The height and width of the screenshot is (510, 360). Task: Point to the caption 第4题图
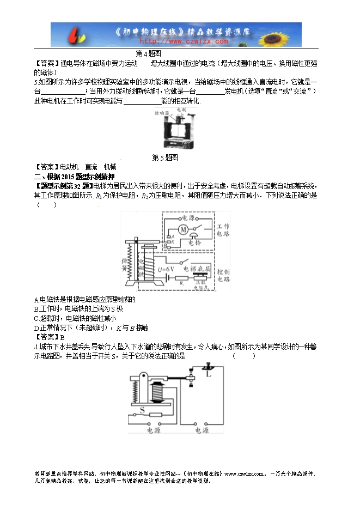point(148,53)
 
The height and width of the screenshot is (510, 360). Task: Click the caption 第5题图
point(165,157)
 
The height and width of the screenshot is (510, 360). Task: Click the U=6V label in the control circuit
point(167,269)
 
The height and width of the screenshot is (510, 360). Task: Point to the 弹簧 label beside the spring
point(125,266)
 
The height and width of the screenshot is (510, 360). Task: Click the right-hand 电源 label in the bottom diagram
point(200,430)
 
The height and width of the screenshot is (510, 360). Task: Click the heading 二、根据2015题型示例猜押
point(75,177)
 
